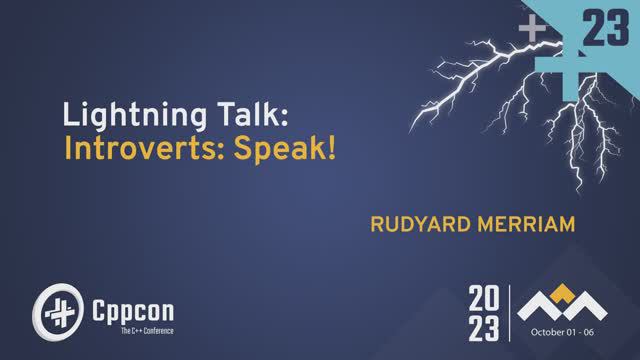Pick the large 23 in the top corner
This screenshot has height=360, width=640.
tap(604, 30)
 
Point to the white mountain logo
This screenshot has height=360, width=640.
tap(568, 304)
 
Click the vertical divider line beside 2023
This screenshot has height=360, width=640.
tap(512, 312)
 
